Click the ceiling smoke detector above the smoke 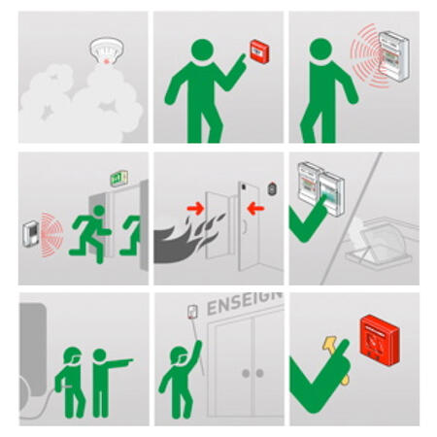[x=107, y=50]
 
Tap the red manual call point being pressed [x=259, y=51]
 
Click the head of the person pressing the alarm [x=202, y=50]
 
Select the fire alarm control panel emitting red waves [x=394, y=55]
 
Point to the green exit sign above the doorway [x=118, y=178]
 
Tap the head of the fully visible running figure [x=99, y=211]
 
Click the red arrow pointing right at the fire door [x=195, y=209]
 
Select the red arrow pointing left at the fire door [x=255, y=209]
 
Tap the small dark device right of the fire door [x=272, y=189]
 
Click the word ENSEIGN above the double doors [x=245, y=302]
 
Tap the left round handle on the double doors [x=246, y=374]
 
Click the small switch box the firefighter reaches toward [x=193, y=312]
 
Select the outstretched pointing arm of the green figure [x=118, y=363]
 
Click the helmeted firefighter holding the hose [x=71, y=383]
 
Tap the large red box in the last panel [x=380, y=340]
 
